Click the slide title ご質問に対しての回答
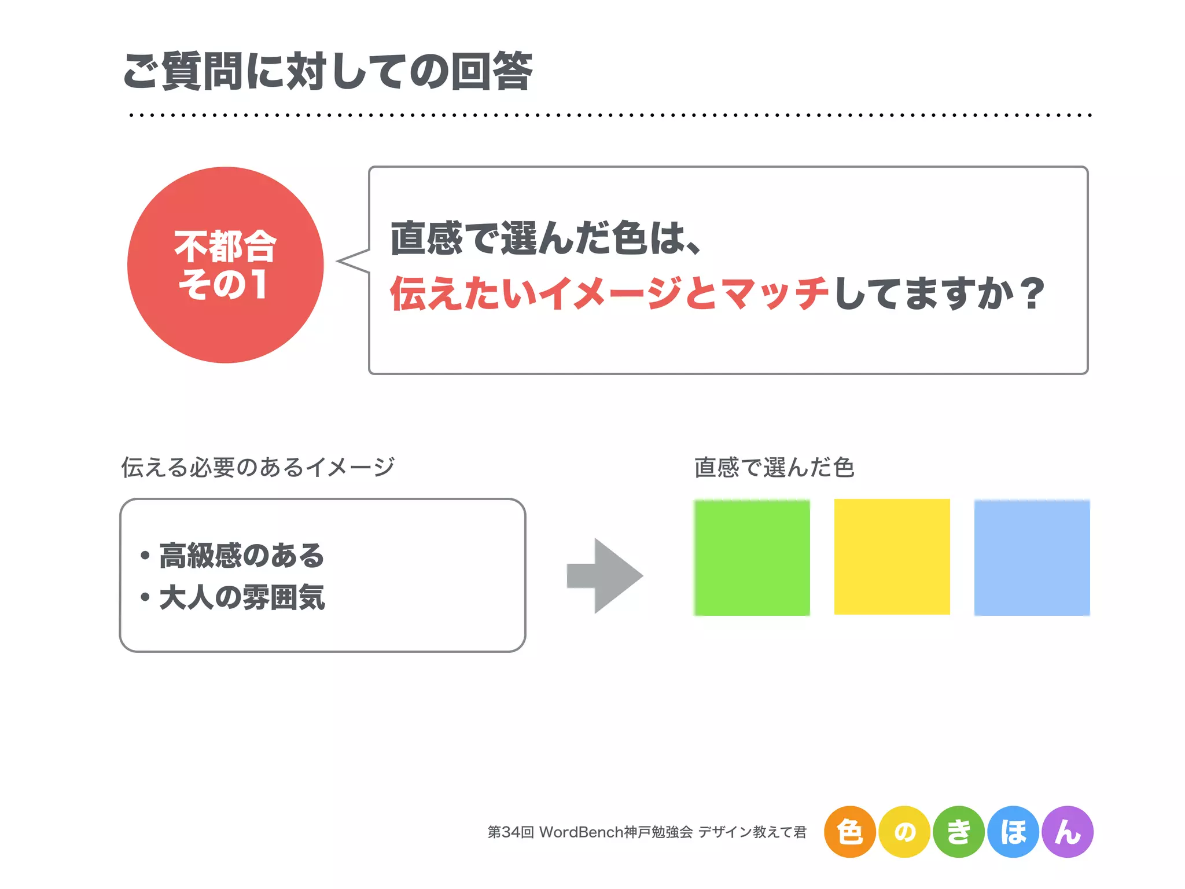327,71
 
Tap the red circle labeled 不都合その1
226,265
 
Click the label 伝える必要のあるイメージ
257,467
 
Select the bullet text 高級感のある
241,556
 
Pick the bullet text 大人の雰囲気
242,597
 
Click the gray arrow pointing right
605,576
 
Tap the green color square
752,557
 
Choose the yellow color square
892,557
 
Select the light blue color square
1032,557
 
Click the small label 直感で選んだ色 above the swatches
774,467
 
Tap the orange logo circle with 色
849,832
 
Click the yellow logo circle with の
904,832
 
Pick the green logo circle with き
959,832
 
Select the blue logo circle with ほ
1013,832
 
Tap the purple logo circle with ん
1068,832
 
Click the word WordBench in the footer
581,832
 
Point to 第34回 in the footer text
510,832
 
